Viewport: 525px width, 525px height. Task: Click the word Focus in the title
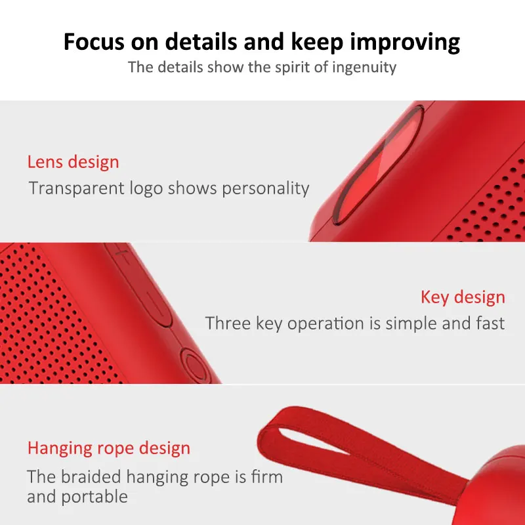pos(94,42)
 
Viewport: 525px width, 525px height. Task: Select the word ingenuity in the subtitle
pos(364,68)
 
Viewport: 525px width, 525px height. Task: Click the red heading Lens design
pos(73,162)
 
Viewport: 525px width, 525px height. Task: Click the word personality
pos(266,189)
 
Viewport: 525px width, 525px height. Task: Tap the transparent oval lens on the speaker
pos(378,165)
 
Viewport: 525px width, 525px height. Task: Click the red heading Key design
pos(463,297)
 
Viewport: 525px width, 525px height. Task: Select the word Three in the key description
pos(228,324)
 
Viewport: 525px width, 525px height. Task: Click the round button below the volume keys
pos(196,365)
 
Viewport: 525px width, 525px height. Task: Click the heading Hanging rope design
pos(109,449)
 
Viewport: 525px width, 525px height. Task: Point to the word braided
pos(91,477)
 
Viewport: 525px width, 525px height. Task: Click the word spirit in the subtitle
pos(292,68)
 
